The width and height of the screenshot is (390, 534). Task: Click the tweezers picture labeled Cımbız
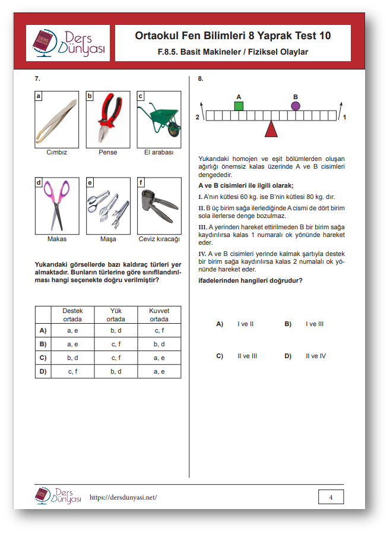coord(56,118)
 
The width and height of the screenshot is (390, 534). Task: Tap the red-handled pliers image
coord(108,118)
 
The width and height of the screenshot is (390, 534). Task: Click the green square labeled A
coord(239,106)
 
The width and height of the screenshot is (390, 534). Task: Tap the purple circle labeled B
coord(296,106)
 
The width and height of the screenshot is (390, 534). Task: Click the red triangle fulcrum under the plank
coord(271,129)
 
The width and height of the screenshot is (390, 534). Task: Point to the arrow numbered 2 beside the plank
coord(203,109)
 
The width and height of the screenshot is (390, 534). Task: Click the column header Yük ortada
coord(116,315)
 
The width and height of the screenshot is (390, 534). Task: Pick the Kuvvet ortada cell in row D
coord(159,371)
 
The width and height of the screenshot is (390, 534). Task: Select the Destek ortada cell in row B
coord(72,344)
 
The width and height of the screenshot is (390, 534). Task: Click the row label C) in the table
coord(43,358)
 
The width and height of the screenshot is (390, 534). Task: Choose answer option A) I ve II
coord(235,324)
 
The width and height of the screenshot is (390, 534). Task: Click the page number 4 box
coord(331,497)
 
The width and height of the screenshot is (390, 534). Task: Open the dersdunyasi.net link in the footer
coord(122,497)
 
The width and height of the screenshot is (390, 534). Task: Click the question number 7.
coord(37,78)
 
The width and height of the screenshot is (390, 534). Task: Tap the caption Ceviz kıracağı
coord(158,239)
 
